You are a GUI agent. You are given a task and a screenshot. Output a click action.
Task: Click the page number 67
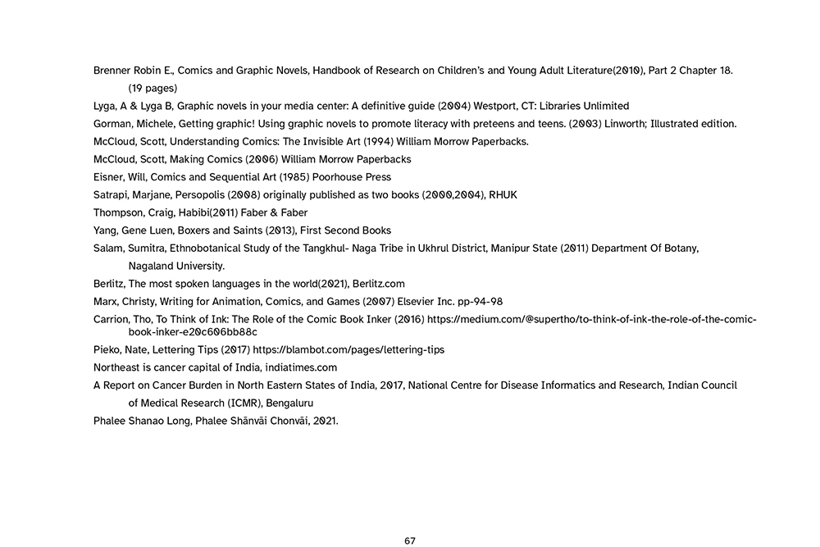pos(410,540)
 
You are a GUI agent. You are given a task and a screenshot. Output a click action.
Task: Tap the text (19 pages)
pos(153,88)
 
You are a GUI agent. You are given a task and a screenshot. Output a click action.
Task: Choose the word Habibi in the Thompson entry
pos(184,212)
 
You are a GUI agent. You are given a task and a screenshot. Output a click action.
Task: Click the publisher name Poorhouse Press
pos(358,177)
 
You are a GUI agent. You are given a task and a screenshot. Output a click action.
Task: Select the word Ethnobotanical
pos(203,248)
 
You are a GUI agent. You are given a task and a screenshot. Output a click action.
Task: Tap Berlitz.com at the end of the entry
pos(379,284)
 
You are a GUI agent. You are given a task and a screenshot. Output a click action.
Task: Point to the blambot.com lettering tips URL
pos(348,349)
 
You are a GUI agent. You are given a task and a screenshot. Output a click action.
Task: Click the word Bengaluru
pos(289,403)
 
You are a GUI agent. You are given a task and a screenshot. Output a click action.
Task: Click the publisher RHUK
pos(503,194)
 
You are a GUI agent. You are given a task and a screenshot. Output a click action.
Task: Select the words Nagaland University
pos(176,266)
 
